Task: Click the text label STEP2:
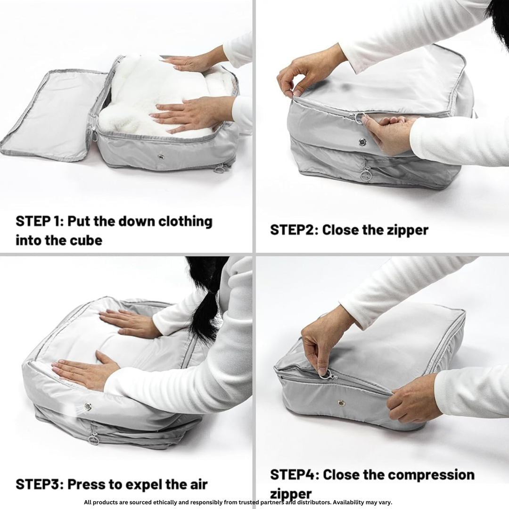(293, 230)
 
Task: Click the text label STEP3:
(40, 484)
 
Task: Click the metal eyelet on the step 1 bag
(162, 156)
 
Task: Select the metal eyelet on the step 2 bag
(362, 142)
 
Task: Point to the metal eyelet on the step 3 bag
(87, 406)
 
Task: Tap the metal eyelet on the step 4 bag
(341, 403)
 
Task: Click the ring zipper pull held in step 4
(326, 375)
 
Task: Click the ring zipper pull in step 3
(94, 439)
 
